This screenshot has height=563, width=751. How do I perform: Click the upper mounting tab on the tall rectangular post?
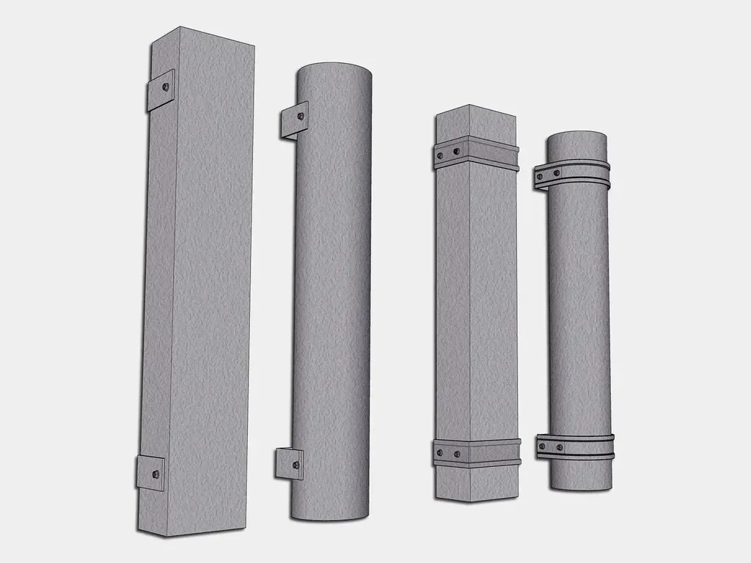[x=160, y=90]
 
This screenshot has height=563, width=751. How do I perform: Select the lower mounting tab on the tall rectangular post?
[x=150, y=473]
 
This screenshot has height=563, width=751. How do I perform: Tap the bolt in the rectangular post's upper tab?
[x=167, y=87]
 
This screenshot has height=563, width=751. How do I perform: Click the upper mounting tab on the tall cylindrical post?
[x=293, y=119]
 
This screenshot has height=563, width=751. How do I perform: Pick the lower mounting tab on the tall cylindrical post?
[x=288, y=464]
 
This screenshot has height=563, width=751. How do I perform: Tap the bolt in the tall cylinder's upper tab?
[x=301, y=114]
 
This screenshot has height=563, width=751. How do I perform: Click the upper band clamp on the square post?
[x=477, y=154]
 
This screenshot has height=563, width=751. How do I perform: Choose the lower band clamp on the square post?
[x=477, y=453]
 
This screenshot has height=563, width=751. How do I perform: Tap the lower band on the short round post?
[x=575, y=446]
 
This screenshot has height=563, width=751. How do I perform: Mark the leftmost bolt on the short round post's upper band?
[x=541, y=177]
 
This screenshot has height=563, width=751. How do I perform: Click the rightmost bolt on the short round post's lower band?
[x=560, y=447]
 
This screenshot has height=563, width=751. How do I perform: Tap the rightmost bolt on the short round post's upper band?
[x=556, y=173]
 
